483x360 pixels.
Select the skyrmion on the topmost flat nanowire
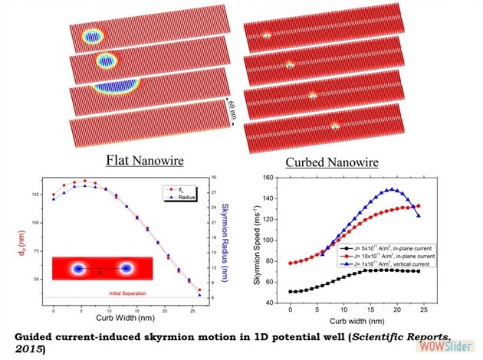[93, 38]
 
